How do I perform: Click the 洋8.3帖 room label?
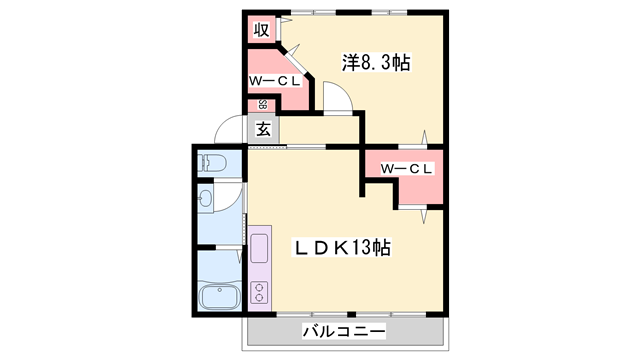coord(376,63)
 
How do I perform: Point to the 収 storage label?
coord(261,29)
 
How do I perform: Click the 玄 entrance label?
coord(262,129)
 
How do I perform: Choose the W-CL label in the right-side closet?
coord(405,169)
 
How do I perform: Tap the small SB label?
coord(263,104)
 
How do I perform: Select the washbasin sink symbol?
coord(207,199)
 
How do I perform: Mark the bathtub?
coord(217,296)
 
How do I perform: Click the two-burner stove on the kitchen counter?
coord(259,292)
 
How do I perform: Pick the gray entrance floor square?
coord(262,130)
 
